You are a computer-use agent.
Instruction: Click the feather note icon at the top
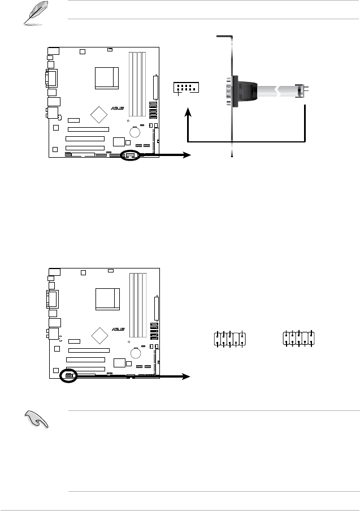coord(35,13)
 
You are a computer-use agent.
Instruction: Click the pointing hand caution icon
coord(37,419)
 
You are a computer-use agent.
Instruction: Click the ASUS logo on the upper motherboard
coord(118,108)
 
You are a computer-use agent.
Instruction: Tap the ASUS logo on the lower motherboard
coord(118,329)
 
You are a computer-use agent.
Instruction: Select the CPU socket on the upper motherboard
coord(107,78)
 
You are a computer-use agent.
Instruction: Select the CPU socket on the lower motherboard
coord(107,299)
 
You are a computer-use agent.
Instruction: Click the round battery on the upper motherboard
coord(135,132)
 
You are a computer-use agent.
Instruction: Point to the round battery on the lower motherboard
coord(136,353)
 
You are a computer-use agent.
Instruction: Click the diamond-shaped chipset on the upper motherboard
coord(99,114)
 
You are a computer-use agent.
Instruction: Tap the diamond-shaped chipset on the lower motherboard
coord(99,335)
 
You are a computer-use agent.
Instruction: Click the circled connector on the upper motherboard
coord(130,155)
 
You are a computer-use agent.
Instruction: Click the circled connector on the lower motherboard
coord(68,376)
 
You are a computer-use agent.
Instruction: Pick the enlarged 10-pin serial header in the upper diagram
coord(186,88)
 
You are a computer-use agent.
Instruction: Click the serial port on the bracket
coord(229,91)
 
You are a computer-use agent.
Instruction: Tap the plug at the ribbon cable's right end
coord(301,91)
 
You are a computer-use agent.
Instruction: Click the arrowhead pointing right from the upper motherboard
coord(186,155)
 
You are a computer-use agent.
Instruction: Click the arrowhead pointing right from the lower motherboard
coord(186,376)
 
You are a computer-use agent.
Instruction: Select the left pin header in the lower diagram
coord(229,339)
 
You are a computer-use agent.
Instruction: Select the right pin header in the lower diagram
coord(299,338)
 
